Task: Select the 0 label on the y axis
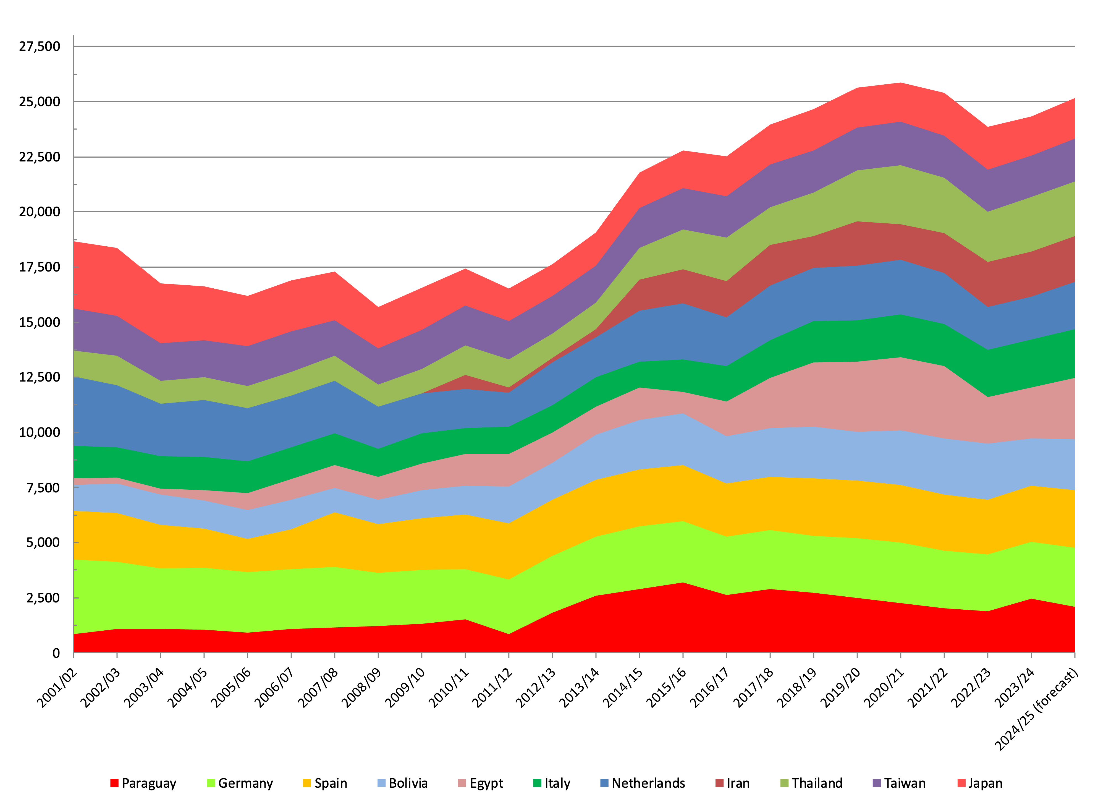tap(56, 653)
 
